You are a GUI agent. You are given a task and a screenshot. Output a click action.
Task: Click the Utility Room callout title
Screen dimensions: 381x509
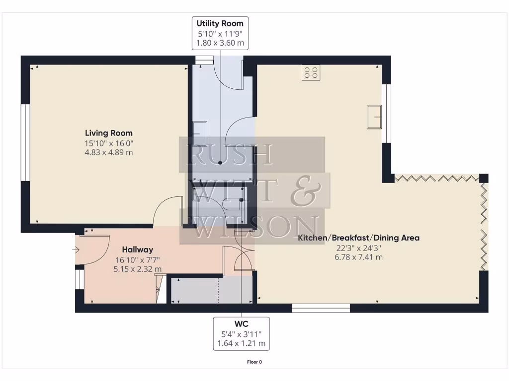click(x=220, y=23)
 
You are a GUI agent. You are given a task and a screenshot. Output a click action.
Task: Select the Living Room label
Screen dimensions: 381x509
click(x=109, y=133)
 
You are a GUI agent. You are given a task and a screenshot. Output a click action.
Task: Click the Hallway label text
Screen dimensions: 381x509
click(x=138, y=250)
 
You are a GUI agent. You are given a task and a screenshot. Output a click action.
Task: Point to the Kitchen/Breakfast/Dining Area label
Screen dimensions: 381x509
click(x=358, y=238)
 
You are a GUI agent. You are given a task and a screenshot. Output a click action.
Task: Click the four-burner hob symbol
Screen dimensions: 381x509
click(x=311, y=72)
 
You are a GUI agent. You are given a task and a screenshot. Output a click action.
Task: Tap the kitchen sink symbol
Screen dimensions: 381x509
click(x=374, y=116)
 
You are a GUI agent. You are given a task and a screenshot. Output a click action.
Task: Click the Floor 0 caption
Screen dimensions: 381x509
click(x=254, y=362)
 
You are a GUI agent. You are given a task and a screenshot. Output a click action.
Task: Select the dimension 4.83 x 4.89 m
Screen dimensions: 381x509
click(x=109, y=152)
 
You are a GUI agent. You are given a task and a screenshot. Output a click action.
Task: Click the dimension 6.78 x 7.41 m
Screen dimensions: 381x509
click(x=358, y=257)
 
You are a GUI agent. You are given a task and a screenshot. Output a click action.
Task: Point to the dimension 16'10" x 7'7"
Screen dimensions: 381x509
click(x=138, y=259)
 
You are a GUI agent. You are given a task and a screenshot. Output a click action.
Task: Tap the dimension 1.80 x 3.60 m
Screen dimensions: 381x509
click(x=220, y=43)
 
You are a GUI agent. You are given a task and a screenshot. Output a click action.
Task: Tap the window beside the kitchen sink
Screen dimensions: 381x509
click(x=386, y=114)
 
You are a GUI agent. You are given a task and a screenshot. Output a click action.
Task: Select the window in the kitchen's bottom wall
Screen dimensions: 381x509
click(x=321, y=308)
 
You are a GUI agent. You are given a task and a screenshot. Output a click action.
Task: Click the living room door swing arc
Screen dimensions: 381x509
click(x=167, y=208)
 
